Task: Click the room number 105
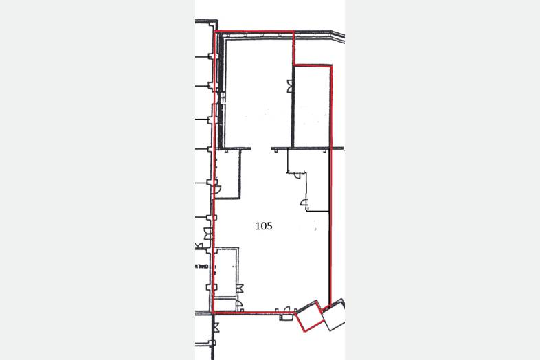click(263, 226)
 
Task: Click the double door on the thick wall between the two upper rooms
click(291, 86)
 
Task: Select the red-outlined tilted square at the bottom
click(309, 316)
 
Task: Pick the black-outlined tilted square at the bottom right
click(333, 315)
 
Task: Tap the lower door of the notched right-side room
click(304, 203)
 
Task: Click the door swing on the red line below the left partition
click(217, 190)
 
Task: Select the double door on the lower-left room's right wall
click(240, 288)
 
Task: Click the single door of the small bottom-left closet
click(239, 304)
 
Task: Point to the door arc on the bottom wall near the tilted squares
click(286, 309)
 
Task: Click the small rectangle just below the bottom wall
click(285, 317)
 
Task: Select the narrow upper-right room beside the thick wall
click(311, 106)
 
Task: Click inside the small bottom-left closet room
click(225, 304)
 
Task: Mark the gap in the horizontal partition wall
click(260, 148)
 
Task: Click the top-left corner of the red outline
click(216, 32)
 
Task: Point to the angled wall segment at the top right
click(338, 35)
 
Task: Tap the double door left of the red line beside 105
click(207, 234)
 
